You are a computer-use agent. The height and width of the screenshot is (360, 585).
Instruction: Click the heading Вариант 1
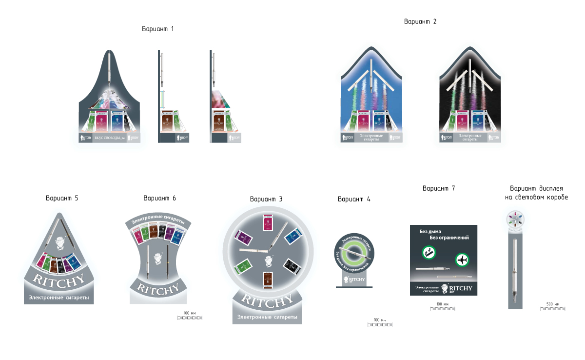(157, 29)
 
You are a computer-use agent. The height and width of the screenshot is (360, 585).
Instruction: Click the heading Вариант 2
(420, 21)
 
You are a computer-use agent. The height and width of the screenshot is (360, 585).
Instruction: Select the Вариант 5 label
(62, 199)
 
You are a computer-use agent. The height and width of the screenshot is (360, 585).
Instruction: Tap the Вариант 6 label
(160, 198)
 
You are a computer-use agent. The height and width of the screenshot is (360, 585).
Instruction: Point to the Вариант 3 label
(266, 199)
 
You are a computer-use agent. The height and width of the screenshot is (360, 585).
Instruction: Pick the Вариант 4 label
(354, 199)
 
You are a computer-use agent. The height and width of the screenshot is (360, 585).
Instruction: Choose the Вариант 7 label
(439, 188)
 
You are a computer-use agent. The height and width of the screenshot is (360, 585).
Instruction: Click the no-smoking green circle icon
(428, 253)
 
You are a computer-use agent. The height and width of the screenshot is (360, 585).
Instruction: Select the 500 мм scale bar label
(552, 304)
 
